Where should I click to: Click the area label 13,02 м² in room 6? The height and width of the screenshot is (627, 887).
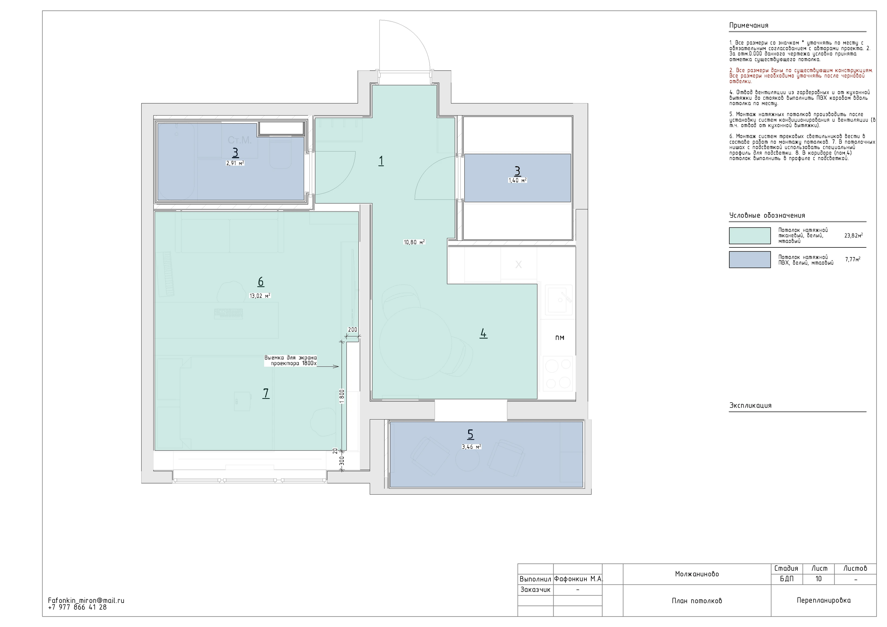coord(260,296)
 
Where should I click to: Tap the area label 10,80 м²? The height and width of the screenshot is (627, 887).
coord(414,242)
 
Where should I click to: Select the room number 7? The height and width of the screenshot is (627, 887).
coord(266,393)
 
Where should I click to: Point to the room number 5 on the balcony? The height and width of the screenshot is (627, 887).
coord(470,434)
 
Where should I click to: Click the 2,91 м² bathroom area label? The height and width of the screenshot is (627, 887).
coord(235,163)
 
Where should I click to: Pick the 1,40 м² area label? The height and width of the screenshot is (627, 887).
coord(517,180)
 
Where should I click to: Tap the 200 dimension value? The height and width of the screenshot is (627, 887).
coord(353,330)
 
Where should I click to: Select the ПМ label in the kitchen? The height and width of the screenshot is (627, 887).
coord(559,337)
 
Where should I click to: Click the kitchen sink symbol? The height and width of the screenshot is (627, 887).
coord(559,300)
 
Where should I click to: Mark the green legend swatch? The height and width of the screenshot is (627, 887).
coord(750,236)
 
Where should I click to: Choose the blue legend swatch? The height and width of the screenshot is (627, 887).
coord(750,259)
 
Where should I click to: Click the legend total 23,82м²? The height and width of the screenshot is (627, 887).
coord(853,236)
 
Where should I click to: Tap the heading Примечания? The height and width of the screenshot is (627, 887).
coord(748,25)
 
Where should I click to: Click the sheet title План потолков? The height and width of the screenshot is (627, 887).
coord(697,601)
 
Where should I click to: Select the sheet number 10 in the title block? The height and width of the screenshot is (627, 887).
coord(818,579)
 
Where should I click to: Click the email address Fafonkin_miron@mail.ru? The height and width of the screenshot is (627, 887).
coord(86,601)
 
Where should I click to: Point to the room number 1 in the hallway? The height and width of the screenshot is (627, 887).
coord(381,161)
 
